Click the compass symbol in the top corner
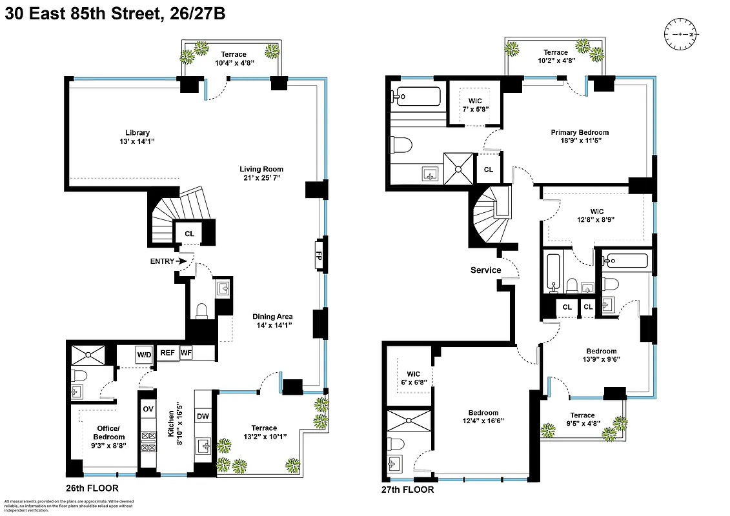pyautogui.click(x=681, y=34)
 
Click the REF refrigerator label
pyautogui.click(x=167, y=353)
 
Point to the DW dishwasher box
pyautogui.click(x=203, y=416)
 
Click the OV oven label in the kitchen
pyautogui.click(x=148, y=409)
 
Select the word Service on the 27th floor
pyautogui.click(x=485, y=270)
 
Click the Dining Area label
pyautogui.click(x=272, y=317)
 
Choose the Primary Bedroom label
pyautogui.click(x=580, y=132)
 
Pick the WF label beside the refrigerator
pyautogui.click(x=186, y=353)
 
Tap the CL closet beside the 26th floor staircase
pyautogui.click(x=189, y=233)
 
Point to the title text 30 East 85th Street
pyautogui.click(x=83, y=14)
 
